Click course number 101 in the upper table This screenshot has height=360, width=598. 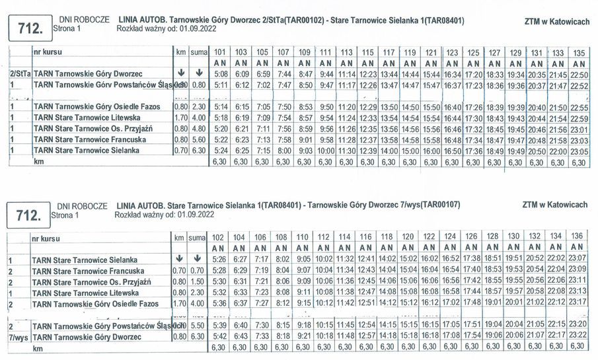pyautogui.click(x=221, y=52)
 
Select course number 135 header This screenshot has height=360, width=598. pyautogui.click(x=579, y=52)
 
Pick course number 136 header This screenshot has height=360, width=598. pyautogui.click(x=576, y=236)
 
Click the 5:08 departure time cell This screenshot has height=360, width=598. pyautogui.click(x=221, y=74)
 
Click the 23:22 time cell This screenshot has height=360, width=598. pyautogui.click(x=576, y=336)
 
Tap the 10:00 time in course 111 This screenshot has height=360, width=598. pyautogui.click(x=326, y=151)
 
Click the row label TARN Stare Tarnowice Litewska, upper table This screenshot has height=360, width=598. pyautogui.click(x=87, y=118)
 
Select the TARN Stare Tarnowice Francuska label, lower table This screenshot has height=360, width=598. pyautogui.click(x=88, y=271)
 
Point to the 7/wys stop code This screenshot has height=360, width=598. pyautogui.click(x=18, y=337)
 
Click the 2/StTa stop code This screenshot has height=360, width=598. pyautogui.click(x=20, y=74)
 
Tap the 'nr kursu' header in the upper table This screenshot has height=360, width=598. pyautogui.click(x=50, y=51)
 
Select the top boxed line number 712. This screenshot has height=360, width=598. pyautogui.click(x=28, y=27)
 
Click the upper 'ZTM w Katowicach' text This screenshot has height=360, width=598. pyautogui.click(x=556, y=22)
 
